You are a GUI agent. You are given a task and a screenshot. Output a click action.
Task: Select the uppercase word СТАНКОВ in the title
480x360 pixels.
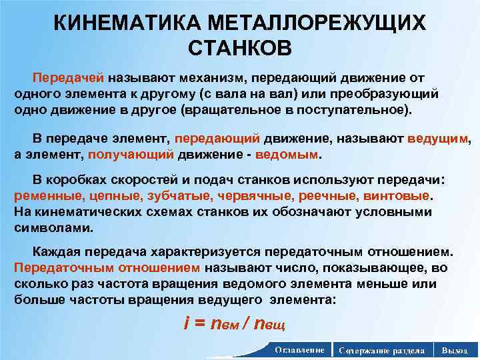(x=240, y=49)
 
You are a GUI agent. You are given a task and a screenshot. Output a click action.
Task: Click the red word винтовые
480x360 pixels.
(x=398, y=197)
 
